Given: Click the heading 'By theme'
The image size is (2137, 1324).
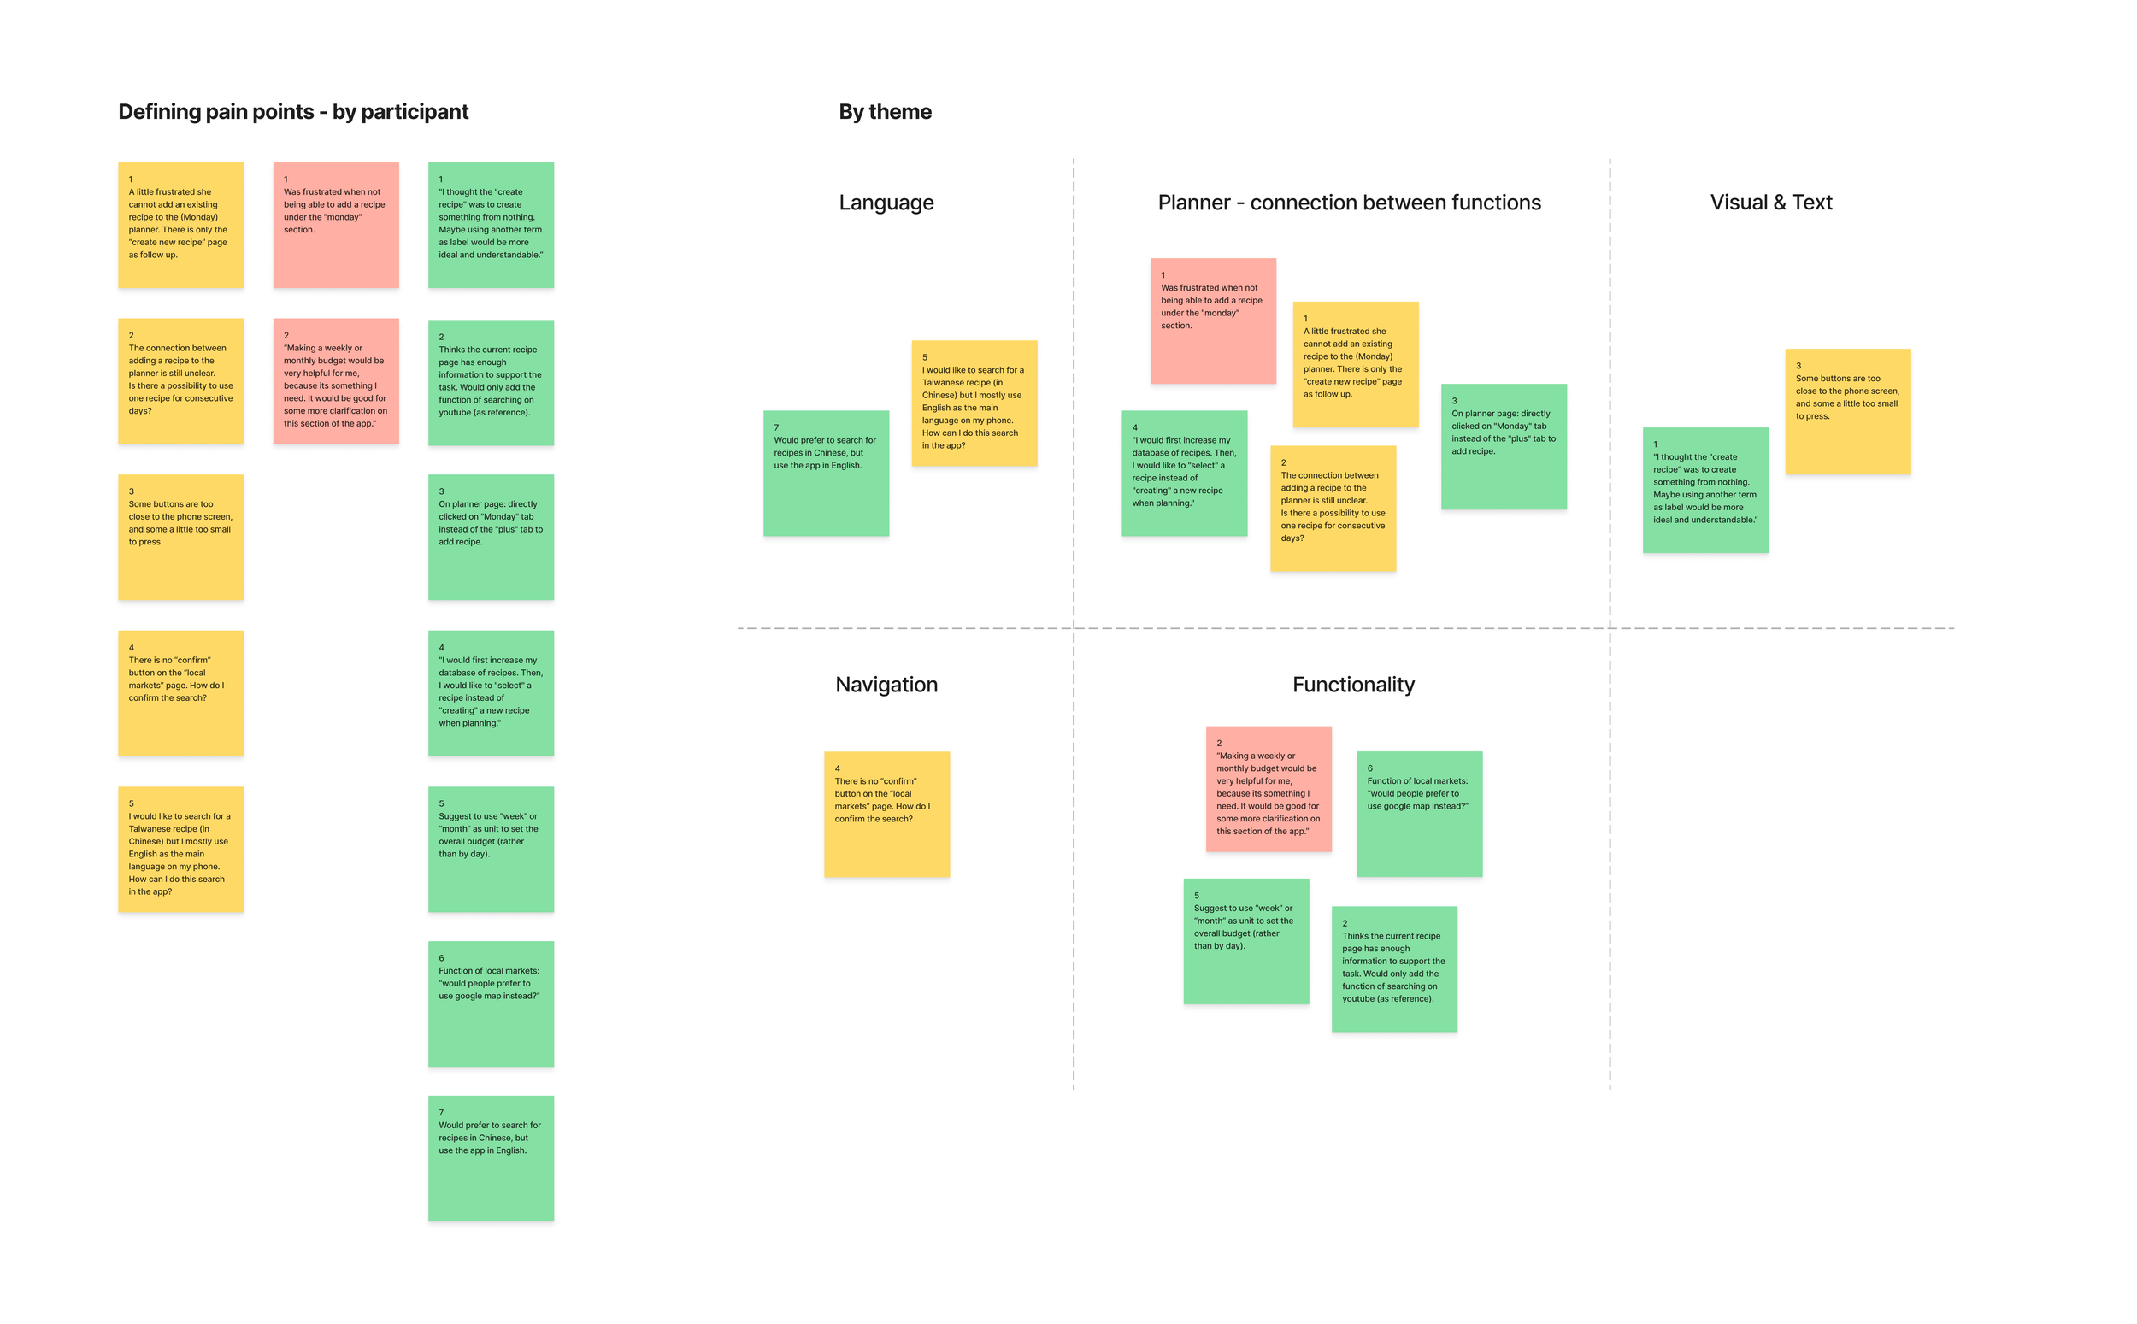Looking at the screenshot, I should [884, 112].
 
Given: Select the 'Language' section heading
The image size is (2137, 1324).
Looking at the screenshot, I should [885, 203].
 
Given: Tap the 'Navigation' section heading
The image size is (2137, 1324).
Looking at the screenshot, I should [885, 684].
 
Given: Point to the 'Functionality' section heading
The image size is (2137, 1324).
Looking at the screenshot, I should [1352, 684].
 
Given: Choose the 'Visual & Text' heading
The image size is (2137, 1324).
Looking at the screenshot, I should [1770, 203].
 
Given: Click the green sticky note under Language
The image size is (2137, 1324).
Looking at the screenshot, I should [826, 473].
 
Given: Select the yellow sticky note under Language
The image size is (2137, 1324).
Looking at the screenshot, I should [974, 403].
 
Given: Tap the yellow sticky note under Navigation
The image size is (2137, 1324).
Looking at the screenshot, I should [886, 814].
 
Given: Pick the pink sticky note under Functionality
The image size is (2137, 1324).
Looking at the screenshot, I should [1268, 788].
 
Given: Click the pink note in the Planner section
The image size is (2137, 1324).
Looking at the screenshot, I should [1211, 321].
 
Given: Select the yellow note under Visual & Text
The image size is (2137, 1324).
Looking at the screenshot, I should [1847, 412].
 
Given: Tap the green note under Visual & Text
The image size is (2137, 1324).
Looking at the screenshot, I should [1704, 490].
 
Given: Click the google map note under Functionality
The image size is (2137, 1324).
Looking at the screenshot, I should [1418, 814].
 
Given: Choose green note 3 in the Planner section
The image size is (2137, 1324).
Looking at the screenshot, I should [1504, 446].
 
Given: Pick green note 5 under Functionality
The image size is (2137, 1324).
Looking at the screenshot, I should [1245, 940].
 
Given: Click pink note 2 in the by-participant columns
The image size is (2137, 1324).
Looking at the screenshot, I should [335, 381].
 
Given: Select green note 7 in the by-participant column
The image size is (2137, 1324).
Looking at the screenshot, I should [491, 1157].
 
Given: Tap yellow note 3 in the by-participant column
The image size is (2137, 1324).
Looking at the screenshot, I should [180, 537].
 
